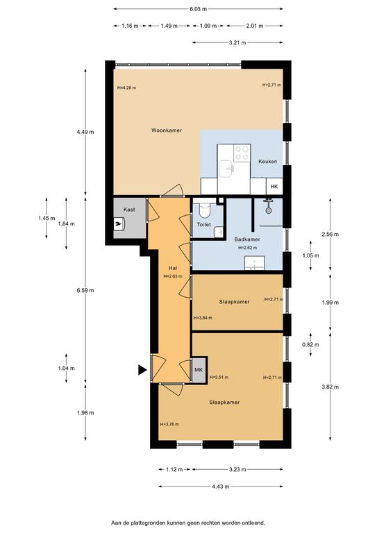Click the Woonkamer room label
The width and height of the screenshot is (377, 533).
click(167, 130)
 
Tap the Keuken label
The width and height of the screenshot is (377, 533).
click(267, 162)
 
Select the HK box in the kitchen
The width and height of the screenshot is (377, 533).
click(274, 186)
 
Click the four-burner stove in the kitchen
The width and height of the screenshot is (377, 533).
click(242, 153)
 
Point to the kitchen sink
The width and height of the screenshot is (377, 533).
click(226, 169)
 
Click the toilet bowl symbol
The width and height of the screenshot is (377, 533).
click(205, 210)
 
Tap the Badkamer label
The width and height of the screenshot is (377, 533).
click(247, 239)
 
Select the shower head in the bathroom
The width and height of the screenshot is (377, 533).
click(269, 208)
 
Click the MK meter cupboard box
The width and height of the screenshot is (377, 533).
click(199, 370)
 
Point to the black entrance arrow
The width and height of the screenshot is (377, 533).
click(142, 370)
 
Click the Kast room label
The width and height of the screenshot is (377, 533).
click(129, 210)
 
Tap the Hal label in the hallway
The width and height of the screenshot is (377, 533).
click(173, 268)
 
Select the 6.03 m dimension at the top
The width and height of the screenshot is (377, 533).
click(198, 9)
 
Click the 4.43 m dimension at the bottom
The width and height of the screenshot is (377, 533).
click(220, 487)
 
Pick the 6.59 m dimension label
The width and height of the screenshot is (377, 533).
click(85, 290)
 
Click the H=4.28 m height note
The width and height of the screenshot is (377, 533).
click(126, 87)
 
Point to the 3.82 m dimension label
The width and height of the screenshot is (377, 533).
click(330, 387)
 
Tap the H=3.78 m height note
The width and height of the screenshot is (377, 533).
click(169, 424)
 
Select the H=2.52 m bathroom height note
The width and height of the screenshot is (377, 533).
click(247, 248)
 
